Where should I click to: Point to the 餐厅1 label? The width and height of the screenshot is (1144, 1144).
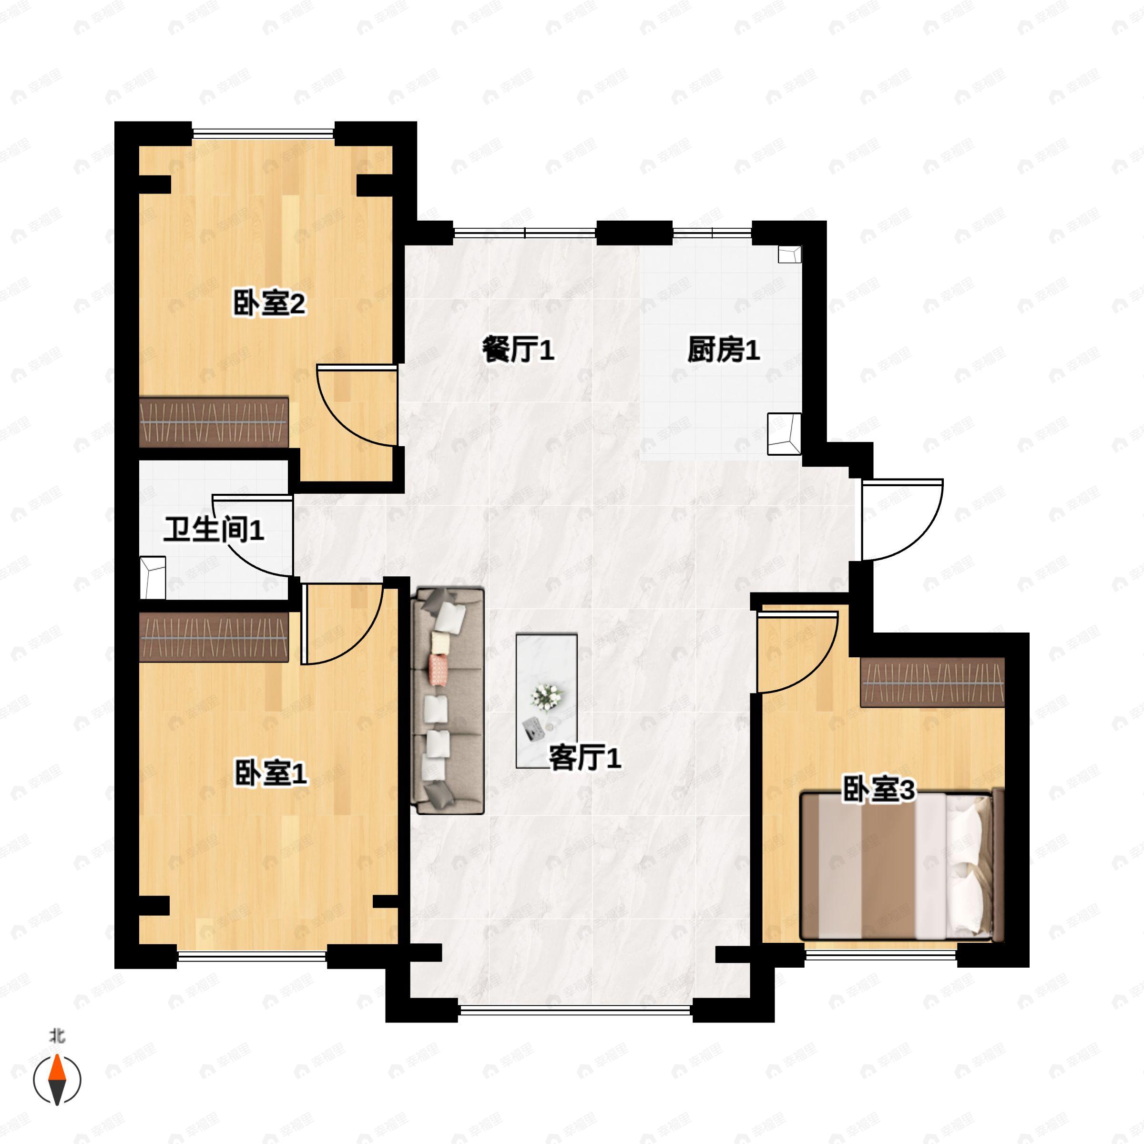point(518,350)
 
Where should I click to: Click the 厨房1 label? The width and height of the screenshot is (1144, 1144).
point(724,350)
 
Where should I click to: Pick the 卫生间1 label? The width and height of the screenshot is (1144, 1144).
point(214,530)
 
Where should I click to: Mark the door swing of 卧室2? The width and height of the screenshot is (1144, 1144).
point(355,406)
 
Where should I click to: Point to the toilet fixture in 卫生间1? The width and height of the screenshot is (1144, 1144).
point(153,577)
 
